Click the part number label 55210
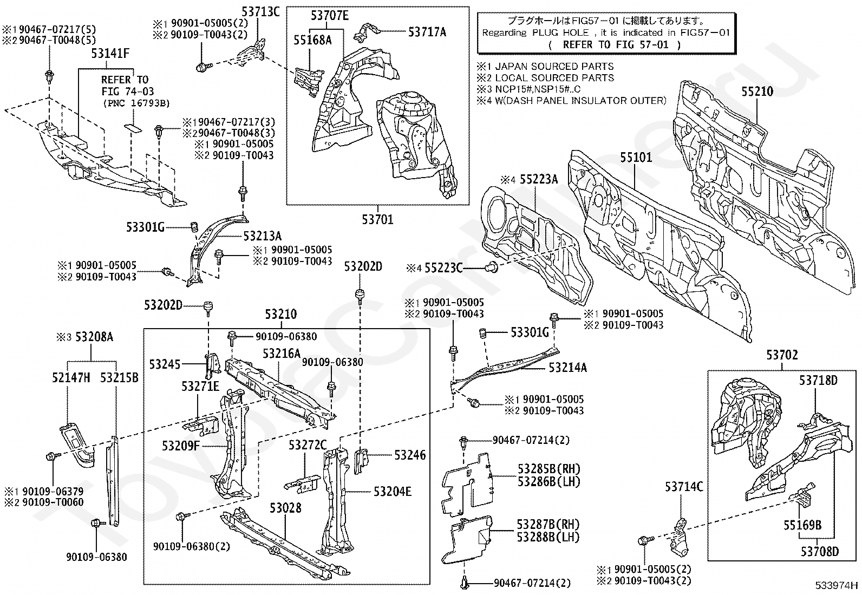[x=757, y=91]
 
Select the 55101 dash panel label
[x=636, y=158]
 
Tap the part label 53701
[x=377, y=219]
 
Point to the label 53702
[x=782, y=356]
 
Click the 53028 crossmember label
[x=285, y=508]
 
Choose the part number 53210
[x=280, y=315]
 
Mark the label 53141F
[x=110, y=54]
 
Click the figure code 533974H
[x=837, y=585]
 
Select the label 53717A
[x=427, y=32]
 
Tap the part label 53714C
[x=684, y=487]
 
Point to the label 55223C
[x=443, y=267]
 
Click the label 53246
[x=410, y=455]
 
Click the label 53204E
[x=393, y=492]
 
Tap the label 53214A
[x=567, y=368]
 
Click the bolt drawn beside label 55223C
[x=492, y=266]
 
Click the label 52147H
[x=71, y=378]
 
